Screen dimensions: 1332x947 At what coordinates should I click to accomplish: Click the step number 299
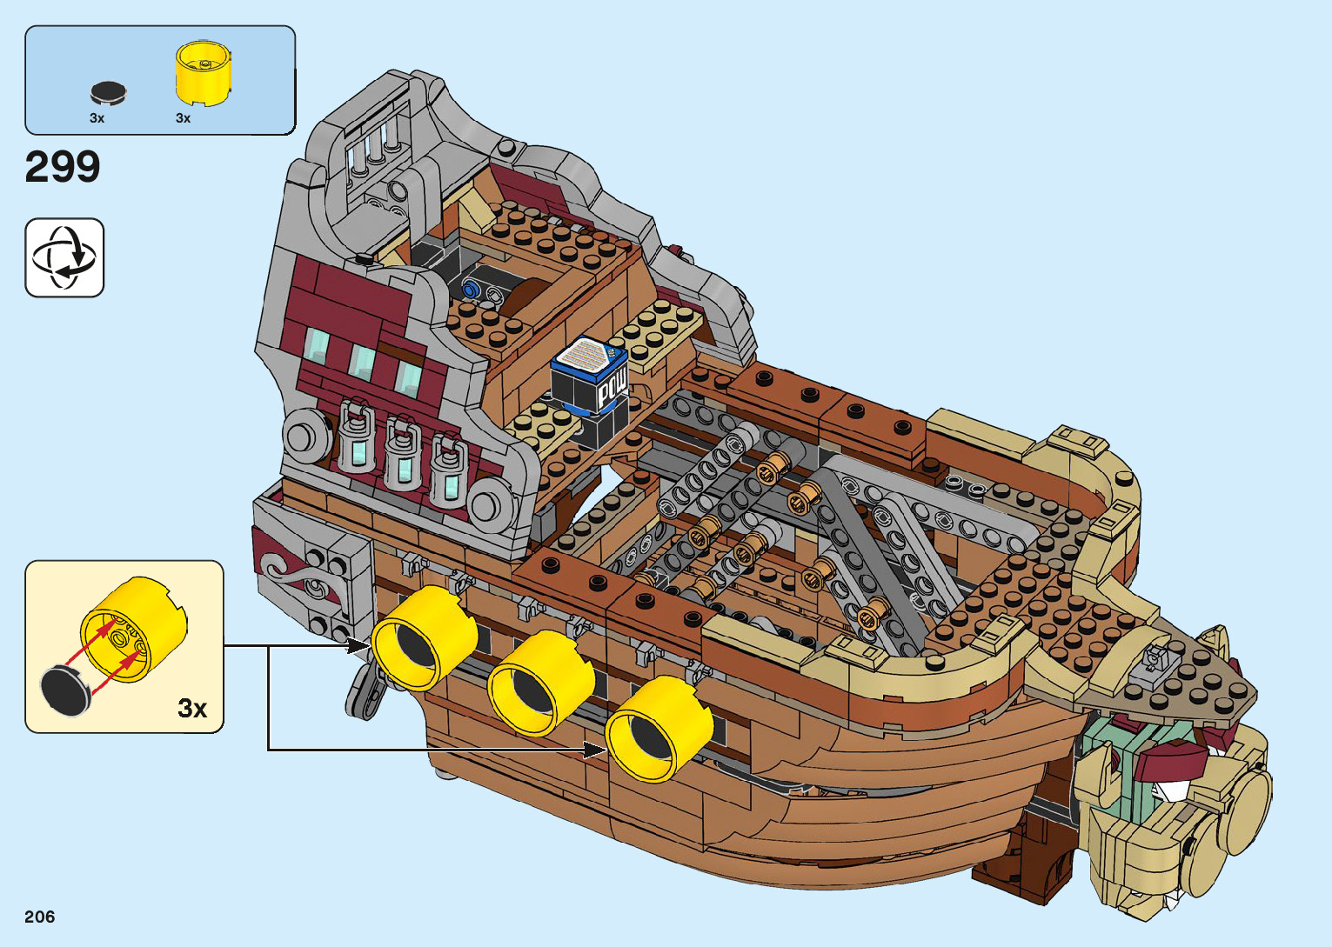click(63, 167)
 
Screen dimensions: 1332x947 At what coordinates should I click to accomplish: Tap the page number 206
click(40, 917)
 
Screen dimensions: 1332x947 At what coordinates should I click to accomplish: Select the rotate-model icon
click(64, 257)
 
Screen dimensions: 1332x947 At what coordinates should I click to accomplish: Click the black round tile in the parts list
click(109, 92)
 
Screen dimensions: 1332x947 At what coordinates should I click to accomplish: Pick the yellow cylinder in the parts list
click(204, 71)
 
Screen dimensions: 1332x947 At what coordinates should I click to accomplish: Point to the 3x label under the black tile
click(97, 118)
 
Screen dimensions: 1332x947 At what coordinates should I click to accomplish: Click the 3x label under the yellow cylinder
click(183, 118)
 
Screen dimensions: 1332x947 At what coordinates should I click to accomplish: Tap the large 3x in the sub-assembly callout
click(192, 709)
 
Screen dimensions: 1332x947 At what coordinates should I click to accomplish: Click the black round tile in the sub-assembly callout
click(66, 689)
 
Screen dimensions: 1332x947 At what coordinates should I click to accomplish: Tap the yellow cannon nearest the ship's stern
click(425, 638)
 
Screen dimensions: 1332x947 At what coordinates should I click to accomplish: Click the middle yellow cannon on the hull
click(541, 684)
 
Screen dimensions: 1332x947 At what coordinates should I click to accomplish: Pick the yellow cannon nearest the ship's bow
click(659, 730)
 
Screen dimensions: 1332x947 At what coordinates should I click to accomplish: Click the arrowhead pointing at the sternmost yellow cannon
click(360, 645)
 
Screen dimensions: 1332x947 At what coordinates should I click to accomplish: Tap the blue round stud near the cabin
click(472, 288)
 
